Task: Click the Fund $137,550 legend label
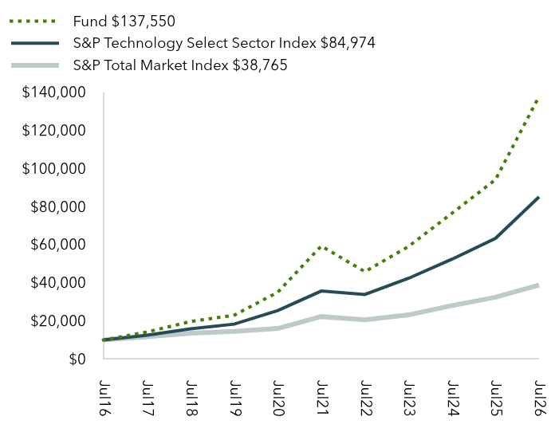click(x=124, y=22)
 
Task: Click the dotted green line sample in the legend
click(x=33, y=22)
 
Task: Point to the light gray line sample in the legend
click(x=35, y=65)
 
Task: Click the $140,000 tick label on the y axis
click(x=53, y=92)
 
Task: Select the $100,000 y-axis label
click(x=53, y=168)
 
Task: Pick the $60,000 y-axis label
click(x=58, y=245)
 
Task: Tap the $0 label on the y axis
click(x=77, y=359)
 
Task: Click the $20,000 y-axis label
click(x=58, y=320)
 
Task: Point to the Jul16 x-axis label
click(x=104, y=399)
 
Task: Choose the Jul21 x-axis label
click(x=321, y=399)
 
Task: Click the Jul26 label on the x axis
click(x=539, y=399)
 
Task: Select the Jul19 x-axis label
click(x=234, y=399)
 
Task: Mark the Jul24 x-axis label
click(x=452, y=399)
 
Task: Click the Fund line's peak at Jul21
click(x=321, y=246)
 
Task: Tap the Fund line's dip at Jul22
click(x=364, y=271)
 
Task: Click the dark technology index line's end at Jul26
click(x=538, y=198)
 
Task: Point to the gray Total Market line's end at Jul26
click(x=538, y=285)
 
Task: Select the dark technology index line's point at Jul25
click(x=495, y=238)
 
